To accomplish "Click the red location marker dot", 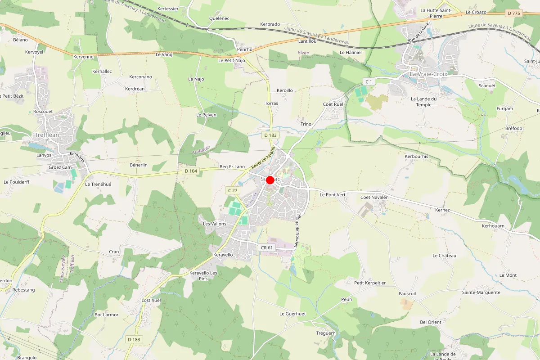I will pyautogui.click(x=270, y=180).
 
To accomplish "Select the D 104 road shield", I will pyautogui.click(x=191, y=171).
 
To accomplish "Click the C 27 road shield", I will pyautogui.click(x=233, y=191).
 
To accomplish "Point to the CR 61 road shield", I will pyautogui.click(x=267, y=248).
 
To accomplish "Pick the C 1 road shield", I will pyautogui.click(x=369, y=81).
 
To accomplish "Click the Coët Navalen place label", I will pyautogui.click(x=374, y=197).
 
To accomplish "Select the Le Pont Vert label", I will pyautogui.click(x=333, y=195).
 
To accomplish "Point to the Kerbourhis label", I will pyautogui.click(x=417, y=157).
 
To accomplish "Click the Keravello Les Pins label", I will pyautogui.click(x=203, y=276).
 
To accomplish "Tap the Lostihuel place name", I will pyautogui.click(x=151, y=300).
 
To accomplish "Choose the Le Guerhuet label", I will pyautogui.click(x=292, y=314).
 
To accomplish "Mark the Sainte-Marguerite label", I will pyautogui.click(x=481, y=292).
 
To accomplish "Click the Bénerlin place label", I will pyautogui.click(x=139, y=165).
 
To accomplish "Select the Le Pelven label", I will pyautogui.click(x=207, y=115).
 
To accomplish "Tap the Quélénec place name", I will pyautogui.click(x=219, y=18).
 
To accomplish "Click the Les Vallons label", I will pyautogui.click(x=215, y=224).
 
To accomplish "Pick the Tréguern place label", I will pyautogui.click(x=326, y=333).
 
